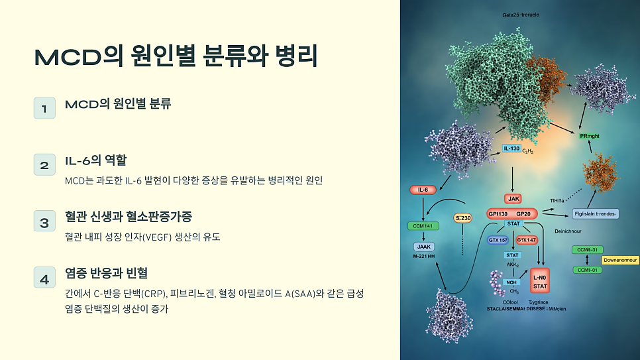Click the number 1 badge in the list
click(44, 108)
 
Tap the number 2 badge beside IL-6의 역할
click(44, 165)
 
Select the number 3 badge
click(44, 223)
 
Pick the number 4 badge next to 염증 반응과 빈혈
click(44, 280)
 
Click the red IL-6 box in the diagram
click(423, 190)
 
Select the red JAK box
click(513, 198)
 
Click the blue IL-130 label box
click(511, 149)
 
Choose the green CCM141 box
click(423, 226)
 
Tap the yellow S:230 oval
click(463, 218)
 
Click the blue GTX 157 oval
click(498, 239)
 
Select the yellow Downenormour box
click(619, 261)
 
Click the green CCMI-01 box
click(588, 270)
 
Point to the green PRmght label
click(589, 136)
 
